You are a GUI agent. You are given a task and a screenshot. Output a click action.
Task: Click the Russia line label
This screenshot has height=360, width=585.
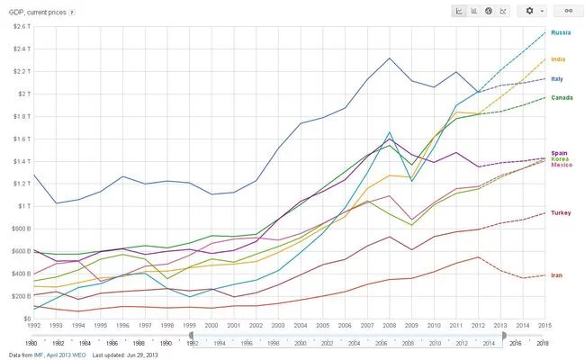click(x=562, y=32)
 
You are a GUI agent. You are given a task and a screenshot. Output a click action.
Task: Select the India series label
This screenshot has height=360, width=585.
click(x=559, y=59)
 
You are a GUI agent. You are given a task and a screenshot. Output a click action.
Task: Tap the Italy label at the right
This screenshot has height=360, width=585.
click(x=558, y=79)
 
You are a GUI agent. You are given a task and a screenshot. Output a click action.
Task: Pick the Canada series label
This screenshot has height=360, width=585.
click(x=562, y=97)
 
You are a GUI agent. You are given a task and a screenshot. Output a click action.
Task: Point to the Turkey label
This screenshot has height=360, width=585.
click(x=562, y=213)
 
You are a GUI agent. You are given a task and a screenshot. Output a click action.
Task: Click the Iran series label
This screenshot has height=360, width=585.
click(x=558, y=274)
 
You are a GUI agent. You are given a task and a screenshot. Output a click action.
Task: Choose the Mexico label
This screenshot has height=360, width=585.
click(x=562, y=166)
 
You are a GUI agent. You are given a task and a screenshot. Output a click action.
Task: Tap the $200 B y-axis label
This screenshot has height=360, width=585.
click(x=15, y=296)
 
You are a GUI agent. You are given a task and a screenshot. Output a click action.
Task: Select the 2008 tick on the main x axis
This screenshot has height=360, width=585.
click(x=389, y=326)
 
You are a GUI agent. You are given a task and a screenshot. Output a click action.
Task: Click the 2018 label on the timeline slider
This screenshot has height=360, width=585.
click(x=542, y=343)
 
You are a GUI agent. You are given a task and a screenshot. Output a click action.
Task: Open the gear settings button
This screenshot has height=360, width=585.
click(x=532, y=11)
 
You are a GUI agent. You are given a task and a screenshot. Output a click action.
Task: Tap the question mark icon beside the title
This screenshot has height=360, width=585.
click(x=72, y=13)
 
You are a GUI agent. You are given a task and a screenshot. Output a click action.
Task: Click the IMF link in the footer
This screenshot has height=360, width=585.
click(x=39, y=355)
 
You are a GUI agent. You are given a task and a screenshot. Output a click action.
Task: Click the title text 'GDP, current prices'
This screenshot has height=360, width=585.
click(x=36, y=13)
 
